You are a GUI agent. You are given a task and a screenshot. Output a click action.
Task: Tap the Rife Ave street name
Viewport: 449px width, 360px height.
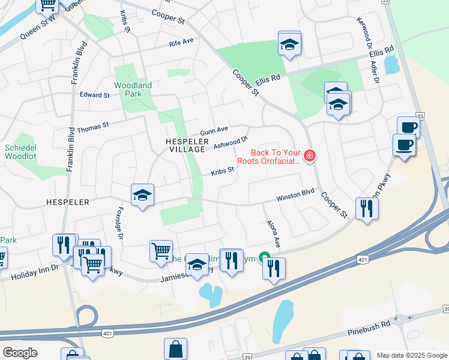[182, 42]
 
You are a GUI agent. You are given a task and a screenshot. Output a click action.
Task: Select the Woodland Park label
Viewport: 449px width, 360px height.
[133, 90]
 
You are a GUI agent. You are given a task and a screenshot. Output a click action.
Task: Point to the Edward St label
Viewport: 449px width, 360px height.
[94, 95]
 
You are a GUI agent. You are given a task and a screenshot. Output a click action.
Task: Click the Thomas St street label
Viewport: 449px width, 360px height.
[92, 127]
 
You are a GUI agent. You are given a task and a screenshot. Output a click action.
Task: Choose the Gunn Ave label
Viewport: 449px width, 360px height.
[214, 130]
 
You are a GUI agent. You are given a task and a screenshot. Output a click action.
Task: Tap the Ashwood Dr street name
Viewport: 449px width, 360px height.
[231, 142]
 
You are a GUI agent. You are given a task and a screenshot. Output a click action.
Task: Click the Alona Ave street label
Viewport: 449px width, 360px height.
[273, 233]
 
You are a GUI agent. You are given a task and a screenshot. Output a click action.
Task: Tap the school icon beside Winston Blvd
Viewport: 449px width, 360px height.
[143, 195]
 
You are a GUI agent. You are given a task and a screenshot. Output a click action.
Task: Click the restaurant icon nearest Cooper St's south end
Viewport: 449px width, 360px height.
[366, 208]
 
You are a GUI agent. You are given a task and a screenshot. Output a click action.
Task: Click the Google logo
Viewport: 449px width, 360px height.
[20, 352]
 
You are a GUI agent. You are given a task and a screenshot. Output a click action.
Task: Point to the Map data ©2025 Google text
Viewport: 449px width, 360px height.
[411, 355]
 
